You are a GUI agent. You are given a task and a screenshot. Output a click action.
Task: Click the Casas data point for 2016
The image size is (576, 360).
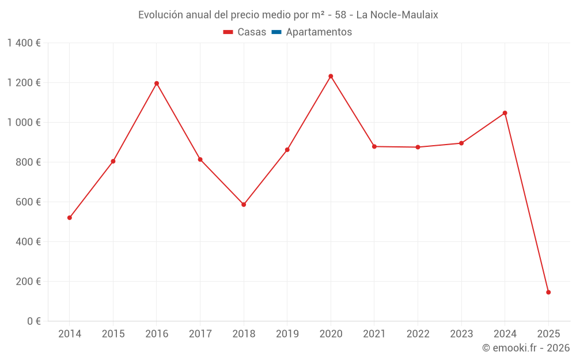click(x=157, y=84)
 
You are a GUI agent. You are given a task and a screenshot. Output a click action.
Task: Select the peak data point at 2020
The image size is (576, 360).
click(x=331, y=76)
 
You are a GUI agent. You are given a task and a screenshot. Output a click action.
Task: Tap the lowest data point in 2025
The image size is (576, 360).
click(x=548, y=292)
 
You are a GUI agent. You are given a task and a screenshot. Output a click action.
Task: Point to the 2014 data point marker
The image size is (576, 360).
click(x=70, y=218)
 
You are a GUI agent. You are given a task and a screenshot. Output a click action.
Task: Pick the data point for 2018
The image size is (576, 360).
click(x=244, y=204)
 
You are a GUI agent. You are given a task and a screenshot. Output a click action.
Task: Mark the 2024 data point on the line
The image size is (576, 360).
click(x=505, y=113)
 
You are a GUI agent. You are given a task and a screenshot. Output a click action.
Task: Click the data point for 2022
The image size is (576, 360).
click(x=418, y=147)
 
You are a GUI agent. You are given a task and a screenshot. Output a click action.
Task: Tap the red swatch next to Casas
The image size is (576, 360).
click(x=228, y=32)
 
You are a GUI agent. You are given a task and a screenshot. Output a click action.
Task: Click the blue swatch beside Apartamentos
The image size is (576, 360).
click(x=276, y=32)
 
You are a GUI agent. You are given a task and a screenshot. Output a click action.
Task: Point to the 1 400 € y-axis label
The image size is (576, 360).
click(x=24, y=43)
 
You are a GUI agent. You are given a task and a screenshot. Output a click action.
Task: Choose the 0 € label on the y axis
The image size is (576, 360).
click(x=32, y=321)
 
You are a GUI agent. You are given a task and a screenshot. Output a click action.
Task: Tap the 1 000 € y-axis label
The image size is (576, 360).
click(x=24, y=123)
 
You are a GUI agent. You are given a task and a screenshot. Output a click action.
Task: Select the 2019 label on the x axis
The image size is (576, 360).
click(x=287, y=334)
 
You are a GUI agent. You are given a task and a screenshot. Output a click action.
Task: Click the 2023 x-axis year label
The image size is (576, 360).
click(x=461, y=334)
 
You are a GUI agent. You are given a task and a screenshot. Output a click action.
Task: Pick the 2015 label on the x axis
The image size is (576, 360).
click(x=113, y=334)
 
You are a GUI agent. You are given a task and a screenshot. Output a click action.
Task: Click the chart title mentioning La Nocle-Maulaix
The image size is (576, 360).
click(x=288, y=15)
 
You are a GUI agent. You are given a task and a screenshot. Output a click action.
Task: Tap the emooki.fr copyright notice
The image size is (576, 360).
click(x=525, y=348)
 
